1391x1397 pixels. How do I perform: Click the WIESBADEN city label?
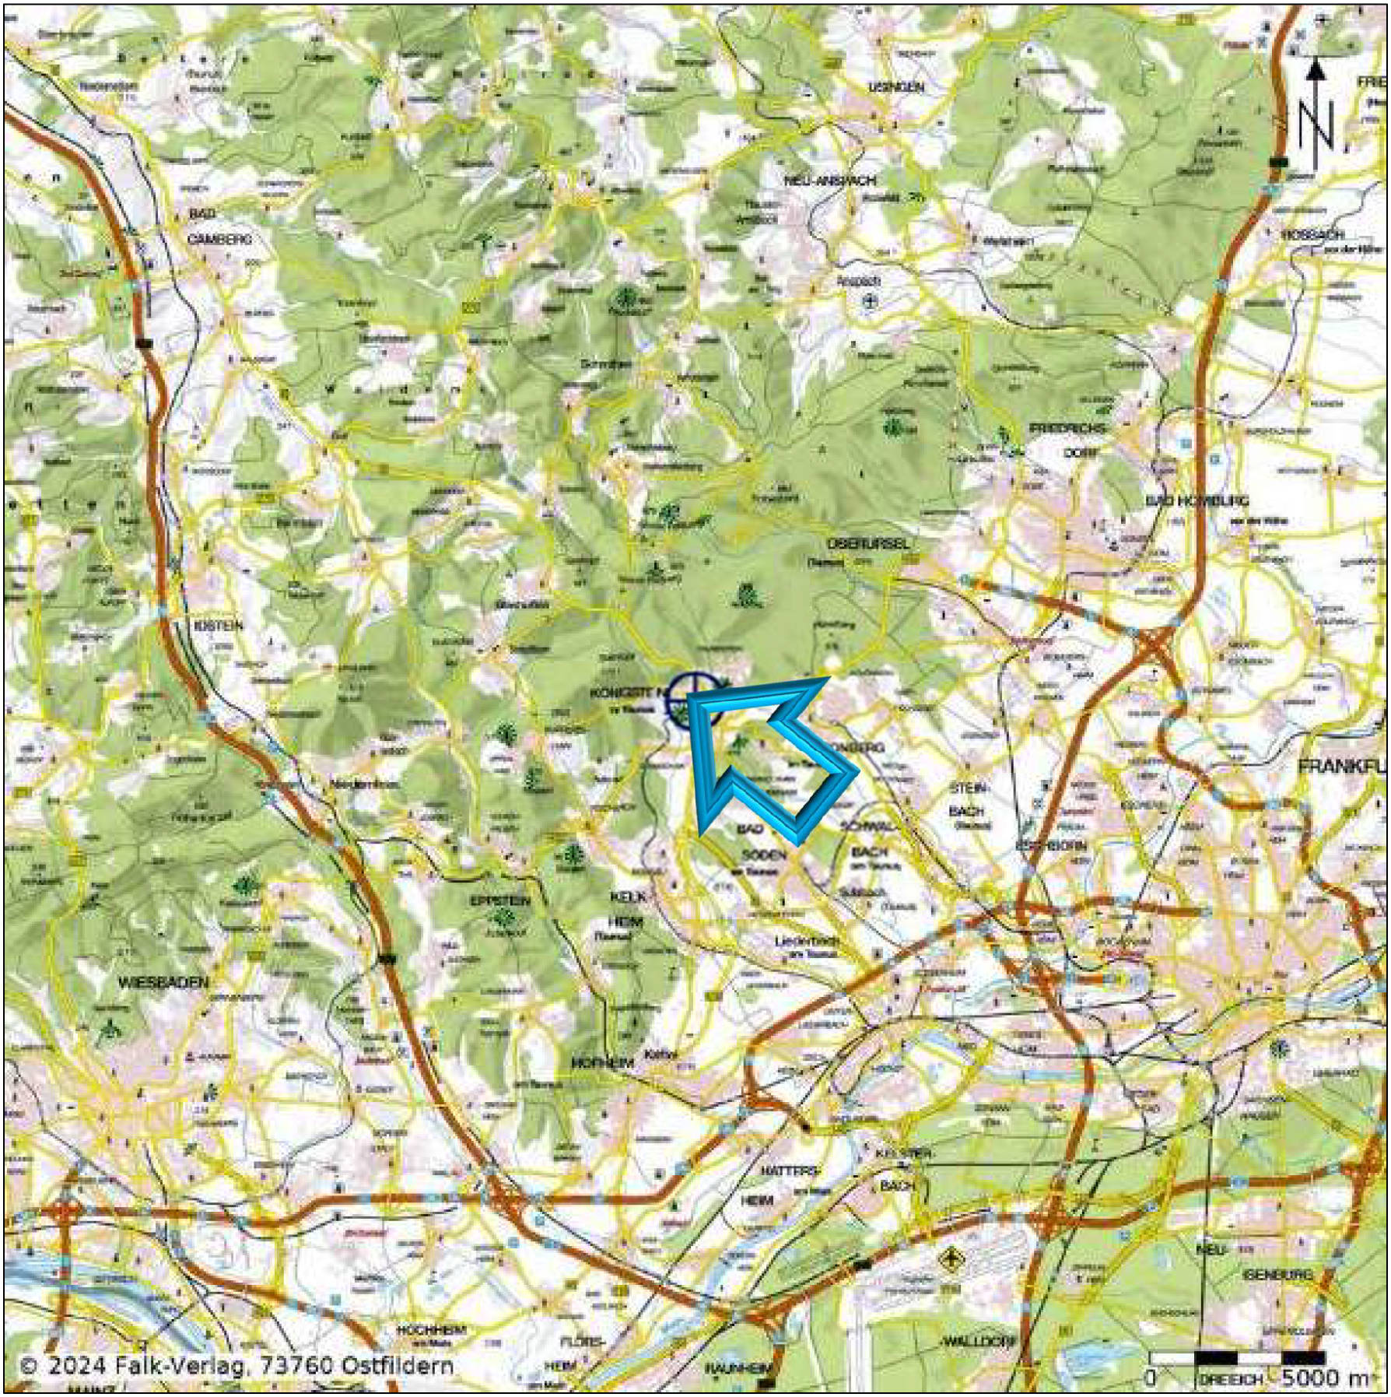coord(163,982)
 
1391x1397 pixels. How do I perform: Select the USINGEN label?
coord(897,87)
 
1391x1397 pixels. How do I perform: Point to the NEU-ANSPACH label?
coord(818,180)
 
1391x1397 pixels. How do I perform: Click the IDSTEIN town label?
coord(219,625)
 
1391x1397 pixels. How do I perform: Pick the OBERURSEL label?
coord(867,543)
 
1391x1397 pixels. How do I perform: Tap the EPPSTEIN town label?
coord(500,900)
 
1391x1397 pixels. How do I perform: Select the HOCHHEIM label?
coord(431,1330)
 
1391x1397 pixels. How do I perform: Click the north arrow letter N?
coord(1316,127)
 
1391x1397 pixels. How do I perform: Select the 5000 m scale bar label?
coord(1322,1377)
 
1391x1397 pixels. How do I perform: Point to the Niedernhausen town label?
coord(365,784)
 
